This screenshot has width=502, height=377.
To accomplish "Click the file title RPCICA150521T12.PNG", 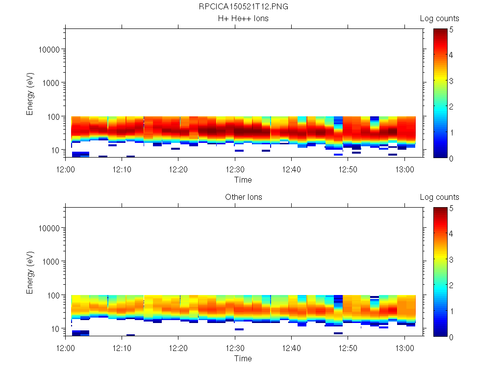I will click(244, 7).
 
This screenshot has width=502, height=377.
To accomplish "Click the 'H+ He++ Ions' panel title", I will click(243, 19).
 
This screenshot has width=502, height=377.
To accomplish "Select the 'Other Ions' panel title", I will click(243, 197).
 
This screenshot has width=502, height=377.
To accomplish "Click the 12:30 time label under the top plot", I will click(235, 169).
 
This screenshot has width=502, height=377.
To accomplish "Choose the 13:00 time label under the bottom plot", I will click(404, 348).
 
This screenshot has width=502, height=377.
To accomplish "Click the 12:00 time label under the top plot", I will click(65, 169).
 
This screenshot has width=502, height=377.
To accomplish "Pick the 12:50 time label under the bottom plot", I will click(348, 348).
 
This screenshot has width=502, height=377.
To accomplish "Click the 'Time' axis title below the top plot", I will click(243, 180).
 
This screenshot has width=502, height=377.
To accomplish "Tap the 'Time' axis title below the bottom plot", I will click(243, 358).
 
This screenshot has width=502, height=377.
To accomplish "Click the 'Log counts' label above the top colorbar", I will click(439, 19).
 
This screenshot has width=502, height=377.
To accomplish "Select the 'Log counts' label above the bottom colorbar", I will click(439, 197).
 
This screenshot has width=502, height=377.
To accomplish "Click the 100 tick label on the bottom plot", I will click(53, 295).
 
